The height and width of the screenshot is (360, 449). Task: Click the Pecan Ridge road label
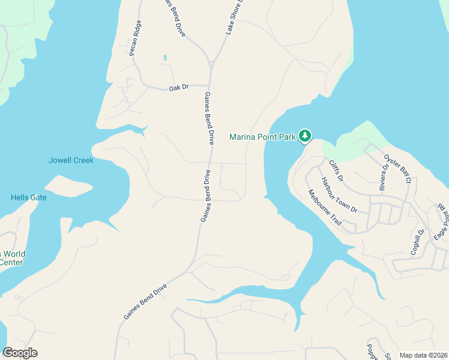(x=136, y=38)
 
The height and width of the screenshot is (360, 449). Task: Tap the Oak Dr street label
(x=179, y=88)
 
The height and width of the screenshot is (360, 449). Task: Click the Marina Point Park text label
(x=263, y=137)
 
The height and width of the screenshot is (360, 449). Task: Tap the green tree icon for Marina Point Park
(x=305, y=136)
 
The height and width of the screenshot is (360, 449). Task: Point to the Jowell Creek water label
(x=71, y=160)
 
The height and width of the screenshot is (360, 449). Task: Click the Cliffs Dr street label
(x=336, y=170)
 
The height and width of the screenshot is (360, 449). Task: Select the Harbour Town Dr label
(x=339, y=195)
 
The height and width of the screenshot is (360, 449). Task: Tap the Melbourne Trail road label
(x=325, y=208)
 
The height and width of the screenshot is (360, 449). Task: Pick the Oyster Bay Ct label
(x=398, y=170)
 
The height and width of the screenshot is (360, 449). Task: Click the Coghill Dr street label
(x=417, y=242)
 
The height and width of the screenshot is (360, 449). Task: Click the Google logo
(x=20, y=353)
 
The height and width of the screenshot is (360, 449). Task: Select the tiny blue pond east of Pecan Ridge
(x=164, y=58)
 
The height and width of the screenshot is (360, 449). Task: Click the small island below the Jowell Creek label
(x=68, y=186)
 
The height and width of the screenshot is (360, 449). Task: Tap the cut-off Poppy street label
(x=371, y=352)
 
